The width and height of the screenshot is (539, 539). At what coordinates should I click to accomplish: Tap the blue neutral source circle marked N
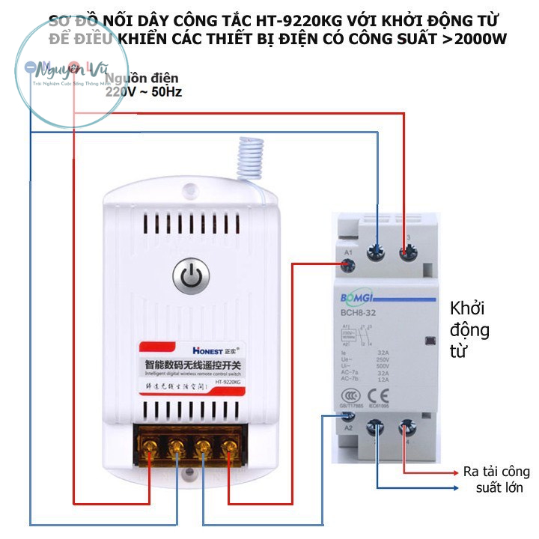click(31, 67)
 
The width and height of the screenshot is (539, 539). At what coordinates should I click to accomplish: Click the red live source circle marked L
click(73, 67)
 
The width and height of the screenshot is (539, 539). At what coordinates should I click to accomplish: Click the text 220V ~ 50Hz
click(143, 92)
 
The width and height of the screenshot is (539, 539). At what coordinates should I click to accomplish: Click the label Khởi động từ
click(470, 329)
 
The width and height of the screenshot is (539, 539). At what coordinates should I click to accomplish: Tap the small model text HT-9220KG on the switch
click(226, 382)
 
